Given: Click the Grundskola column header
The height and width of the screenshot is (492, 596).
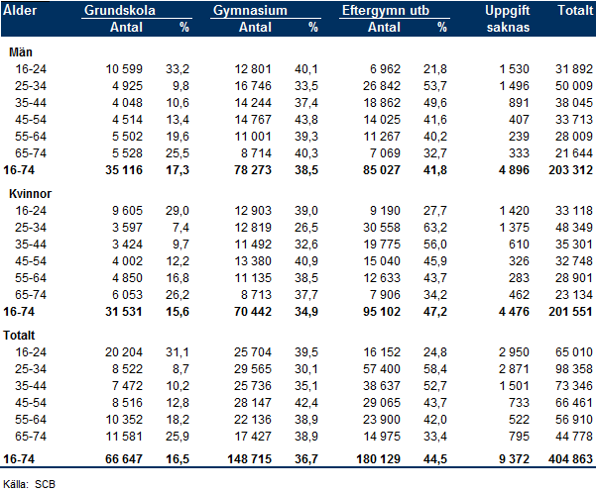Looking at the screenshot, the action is (120, 10).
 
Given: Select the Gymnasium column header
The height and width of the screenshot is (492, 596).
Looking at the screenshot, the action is (250, 10).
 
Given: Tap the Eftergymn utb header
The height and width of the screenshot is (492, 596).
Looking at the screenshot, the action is (386, 11).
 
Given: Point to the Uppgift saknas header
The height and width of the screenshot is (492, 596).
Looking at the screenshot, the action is (508, 19).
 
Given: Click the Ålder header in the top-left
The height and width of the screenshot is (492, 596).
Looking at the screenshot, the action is (20, 10).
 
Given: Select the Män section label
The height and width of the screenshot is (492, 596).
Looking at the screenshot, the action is (21, 51).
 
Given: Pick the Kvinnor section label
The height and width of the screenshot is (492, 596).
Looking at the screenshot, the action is (30, 193).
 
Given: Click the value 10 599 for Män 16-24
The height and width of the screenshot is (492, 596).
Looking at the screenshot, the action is (124, 69).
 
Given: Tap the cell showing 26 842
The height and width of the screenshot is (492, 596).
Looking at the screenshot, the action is (382, 86).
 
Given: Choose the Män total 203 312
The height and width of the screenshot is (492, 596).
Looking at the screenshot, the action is (570, 170).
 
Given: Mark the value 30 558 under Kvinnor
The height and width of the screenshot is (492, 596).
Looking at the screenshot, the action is (382, 228).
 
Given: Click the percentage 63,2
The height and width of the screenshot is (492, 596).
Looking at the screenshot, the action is (435, 228).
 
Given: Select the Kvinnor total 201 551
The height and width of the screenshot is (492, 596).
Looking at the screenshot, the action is (570, 312).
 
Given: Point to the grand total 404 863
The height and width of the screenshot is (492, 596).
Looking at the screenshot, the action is (570, 459).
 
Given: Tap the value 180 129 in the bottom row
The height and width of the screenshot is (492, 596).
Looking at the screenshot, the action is (378, 459).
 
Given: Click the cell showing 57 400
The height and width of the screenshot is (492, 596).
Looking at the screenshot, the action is (382, 368).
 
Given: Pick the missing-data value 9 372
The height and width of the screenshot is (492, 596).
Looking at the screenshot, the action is (514, 459).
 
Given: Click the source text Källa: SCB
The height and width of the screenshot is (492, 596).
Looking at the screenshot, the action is (30, 484).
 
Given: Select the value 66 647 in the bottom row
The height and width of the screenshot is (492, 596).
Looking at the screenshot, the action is (124, 459).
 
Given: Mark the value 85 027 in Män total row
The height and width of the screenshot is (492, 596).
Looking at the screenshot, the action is (382, 170).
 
